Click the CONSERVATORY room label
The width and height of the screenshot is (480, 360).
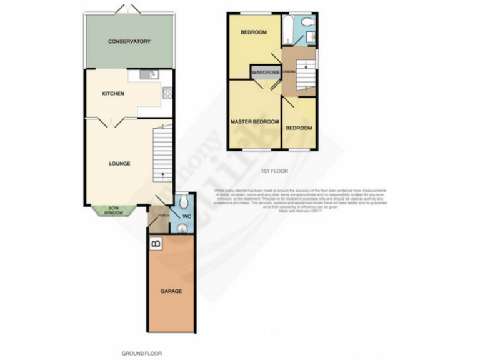pyautogui.click(x=129, y=42)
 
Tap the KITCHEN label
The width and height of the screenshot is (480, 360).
pyautogui.click(x=114, y=94)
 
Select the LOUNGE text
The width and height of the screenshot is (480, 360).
pyautogui.click(x=119, y=164)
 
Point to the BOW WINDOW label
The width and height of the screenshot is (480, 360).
pyautogui.click(x=114, y=212)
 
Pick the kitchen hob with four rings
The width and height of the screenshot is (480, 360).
pyautogui.click(x=167, y=94)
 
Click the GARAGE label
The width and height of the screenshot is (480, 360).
pyautogui.click(x=171, y=291)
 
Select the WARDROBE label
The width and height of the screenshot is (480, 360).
pyautogui.click(x=264, y=72)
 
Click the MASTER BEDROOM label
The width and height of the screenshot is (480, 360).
pyautogui.click(x=254, y=122)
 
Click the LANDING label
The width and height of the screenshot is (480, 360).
pyautogui.click(x=289, y=72)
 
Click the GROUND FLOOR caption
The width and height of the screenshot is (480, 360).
pyautogui.click(x=141, y=353)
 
